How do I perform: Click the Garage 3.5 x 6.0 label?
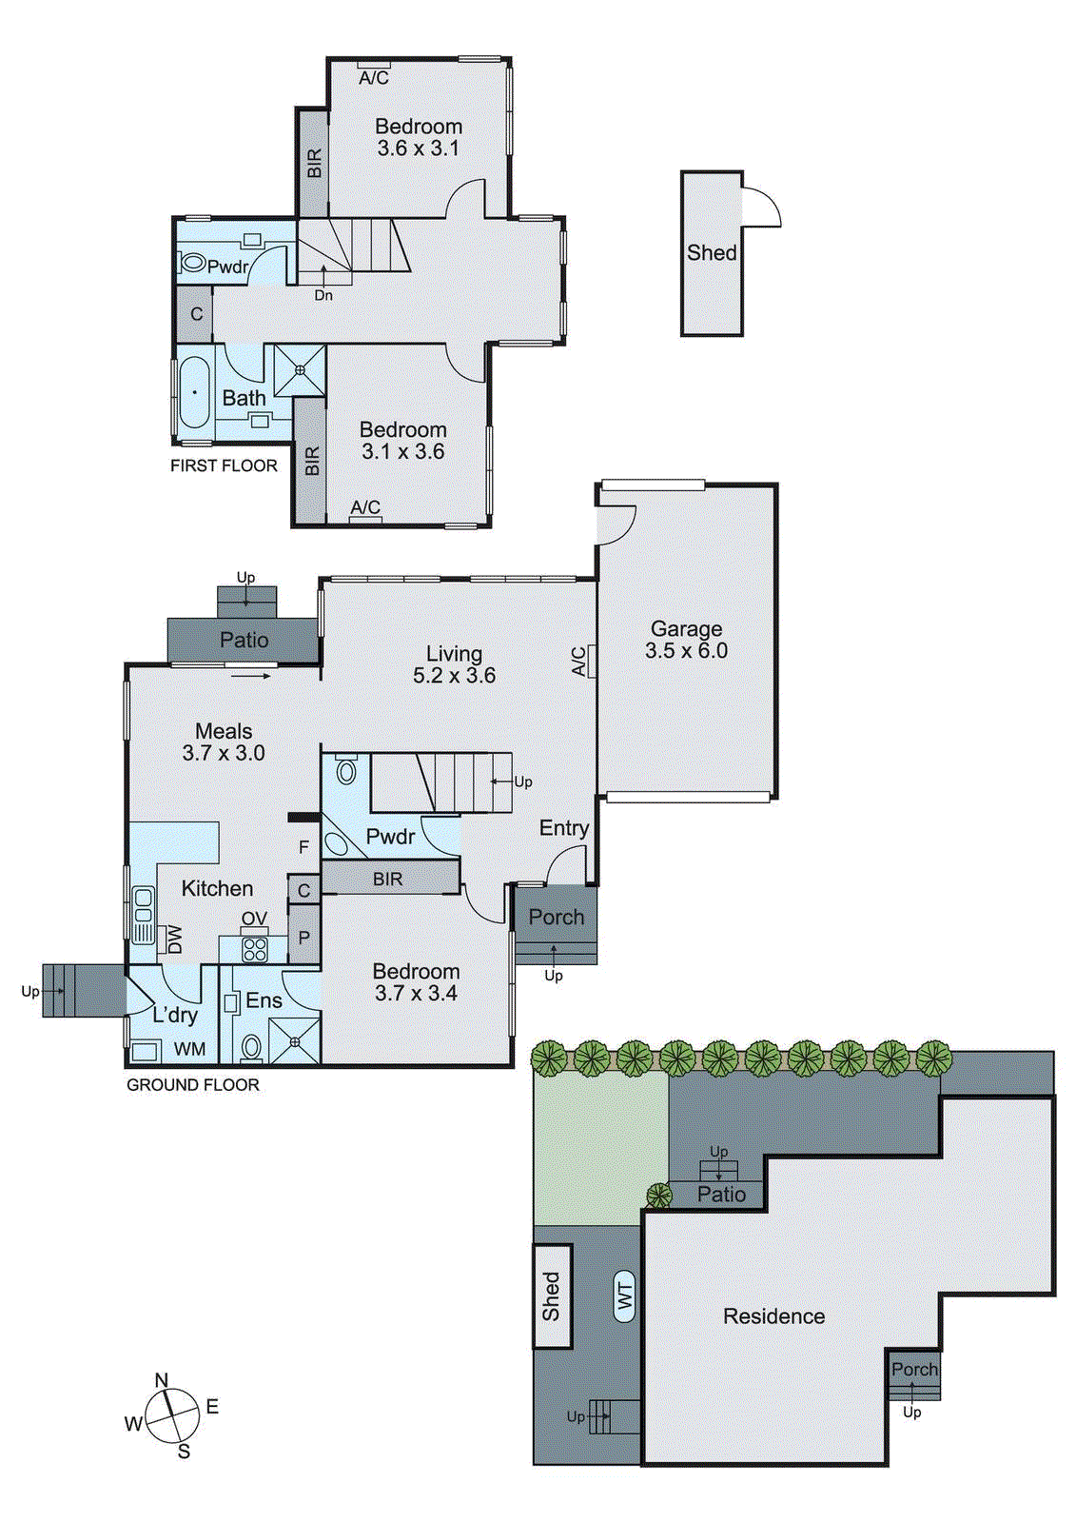686,640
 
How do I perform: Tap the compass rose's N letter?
162,1380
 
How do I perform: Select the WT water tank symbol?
625,1296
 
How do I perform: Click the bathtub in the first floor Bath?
195,392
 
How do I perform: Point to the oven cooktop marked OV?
255,948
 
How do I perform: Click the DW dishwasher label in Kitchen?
174,940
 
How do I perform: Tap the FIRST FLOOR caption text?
224,465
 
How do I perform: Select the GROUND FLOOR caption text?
192,1084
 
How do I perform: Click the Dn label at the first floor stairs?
323,295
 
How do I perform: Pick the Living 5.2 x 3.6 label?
454,664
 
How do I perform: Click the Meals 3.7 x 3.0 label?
224,742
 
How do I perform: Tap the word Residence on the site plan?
773,1316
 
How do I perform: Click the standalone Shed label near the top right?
712,252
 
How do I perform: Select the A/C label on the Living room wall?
578,662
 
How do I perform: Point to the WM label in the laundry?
190,1049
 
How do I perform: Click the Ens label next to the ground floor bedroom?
264,1000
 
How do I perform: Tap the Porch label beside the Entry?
556,917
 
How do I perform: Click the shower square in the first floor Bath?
300,370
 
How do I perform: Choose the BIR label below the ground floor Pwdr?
387,879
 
